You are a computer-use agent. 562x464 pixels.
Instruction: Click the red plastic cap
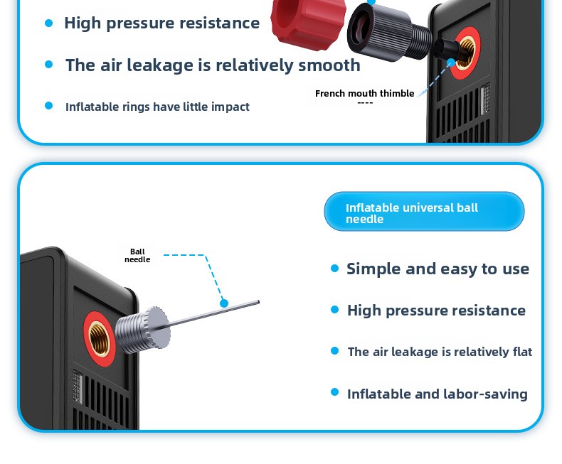point(308,21)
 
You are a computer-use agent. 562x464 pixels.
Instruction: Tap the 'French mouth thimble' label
point(364,94)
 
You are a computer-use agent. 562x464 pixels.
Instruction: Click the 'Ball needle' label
point(137,255)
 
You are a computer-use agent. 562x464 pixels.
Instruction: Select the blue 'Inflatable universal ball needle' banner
point(424,211)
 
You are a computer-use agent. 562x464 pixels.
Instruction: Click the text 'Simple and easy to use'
point(438,269)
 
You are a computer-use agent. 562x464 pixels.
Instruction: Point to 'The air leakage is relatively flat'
point(440,352)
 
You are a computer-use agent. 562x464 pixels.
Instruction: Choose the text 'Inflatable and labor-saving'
point(438,394)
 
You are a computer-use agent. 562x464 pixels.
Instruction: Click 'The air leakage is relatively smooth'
point(213,65)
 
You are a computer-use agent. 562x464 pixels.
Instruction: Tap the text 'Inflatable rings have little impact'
point(157,107)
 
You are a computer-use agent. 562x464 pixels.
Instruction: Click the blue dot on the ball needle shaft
point(224,303)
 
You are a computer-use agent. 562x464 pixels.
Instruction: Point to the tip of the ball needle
point(258,303)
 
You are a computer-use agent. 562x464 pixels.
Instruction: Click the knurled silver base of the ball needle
point(144,330)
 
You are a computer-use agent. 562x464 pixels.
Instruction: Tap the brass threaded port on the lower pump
point(100,339)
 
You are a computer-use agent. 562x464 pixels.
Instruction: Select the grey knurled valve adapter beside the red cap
point(389,31)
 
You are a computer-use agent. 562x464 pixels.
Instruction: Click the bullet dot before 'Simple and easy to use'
point(335,269)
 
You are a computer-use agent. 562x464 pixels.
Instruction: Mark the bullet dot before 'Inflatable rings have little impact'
point(49,106)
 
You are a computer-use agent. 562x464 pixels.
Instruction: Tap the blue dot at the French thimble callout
point(451,63)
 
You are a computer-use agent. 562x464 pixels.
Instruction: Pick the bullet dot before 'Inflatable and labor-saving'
point(335,392)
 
